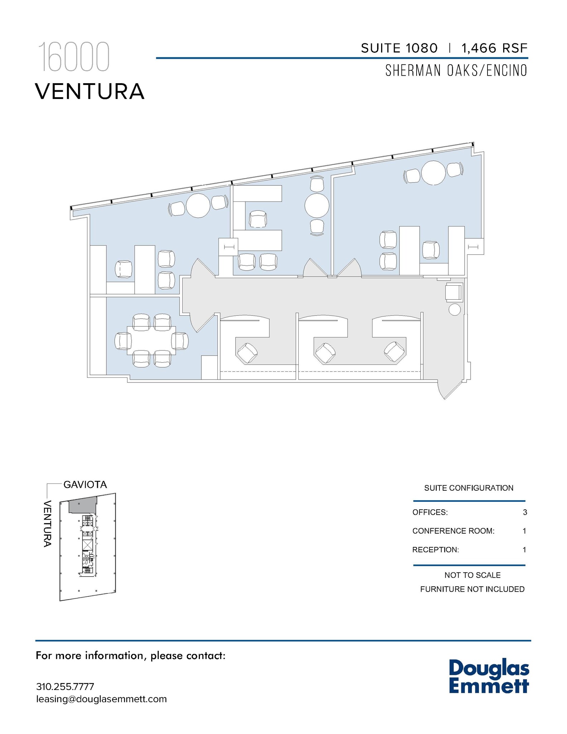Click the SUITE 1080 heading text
point(399,48)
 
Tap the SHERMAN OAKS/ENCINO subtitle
point(456,71)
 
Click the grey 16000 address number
point(73,57)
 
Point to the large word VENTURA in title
point(90,91)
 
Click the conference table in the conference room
point(152,340)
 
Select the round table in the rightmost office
point(433,173)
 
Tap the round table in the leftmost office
point(198,205)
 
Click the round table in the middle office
point(317,206)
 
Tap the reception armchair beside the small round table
point(454,291)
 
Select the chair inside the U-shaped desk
point(258,219)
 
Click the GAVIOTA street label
point(85,485)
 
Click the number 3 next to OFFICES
point(525,512)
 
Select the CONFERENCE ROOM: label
point(453,531)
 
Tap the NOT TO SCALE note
point(472,575)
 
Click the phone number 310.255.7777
point(65,687)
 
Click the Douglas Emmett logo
point(489,676)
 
